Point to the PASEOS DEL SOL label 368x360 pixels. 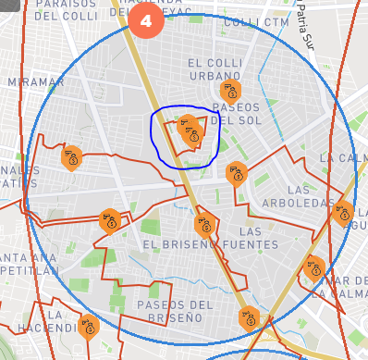point(235,113)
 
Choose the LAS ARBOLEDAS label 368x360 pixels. point(311,196)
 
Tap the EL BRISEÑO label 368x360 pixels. point(179,244)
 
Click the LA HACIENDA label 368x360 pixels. point(43,321)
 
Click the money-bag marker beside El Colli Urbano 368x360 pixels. point(230,91)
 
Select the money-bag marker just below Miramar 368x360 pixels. point(71,157)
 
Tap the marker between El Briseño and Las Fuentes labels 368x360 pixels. point(205,224)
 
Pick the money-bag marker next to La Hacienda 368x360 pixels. point(89,326)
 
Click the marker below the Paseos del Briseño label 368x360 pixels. point(249,318)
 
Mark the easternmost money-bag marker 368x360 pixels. point(343,216)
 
